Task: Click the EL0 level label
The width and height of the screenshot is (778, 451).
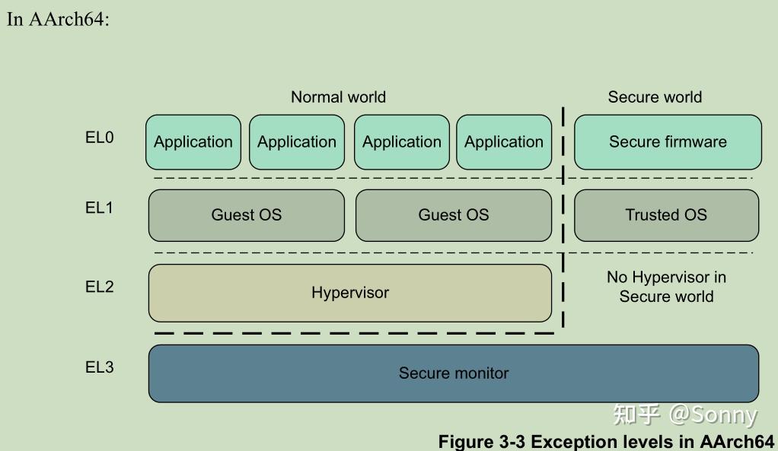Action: point(99,138)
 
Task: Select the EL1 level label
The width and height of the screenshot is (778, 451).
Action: point(99,208)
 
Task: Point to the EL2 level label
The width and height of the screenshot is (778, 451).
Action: point(99,287)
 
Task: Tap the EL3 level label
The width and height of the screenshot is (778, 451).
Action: point(99,367)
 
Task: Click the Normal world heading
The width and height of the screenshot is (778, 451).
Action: point(338,97)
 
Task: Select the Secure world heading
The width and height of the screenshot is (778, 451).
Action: point(655,97)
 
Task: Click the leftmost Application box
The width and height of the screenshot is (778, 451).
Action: point(193,142)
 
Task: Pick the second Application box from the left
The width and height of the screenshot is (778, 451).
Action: point(297,142)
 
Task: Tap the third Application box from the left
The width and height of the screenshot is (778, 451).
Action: point(402,142)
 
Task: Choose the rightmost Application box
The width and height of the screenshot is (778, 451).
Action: point(504,142)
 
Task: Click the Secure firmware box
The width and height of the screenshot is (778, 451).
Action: point(668,142)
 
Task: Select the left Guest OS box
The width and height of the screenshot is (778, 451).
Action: point(247,215)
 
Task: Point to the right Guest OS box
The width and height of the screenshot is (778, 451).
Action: point(454,215)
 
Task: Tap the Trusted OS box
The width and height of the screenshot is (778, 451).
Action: point(666,215)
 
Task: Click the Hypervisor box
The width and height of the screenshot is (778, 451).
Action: point(350,293)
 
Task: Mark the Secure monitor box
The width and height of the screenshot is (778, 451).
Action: point(454,373)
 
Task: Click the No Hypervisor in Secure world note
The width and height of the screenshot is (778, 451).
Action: point(666,287)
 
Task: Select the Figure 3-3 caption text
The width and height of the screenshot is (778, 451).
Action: point(607,442)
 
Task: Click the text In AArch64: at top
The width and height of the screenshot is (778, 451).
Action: point(59,19)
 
